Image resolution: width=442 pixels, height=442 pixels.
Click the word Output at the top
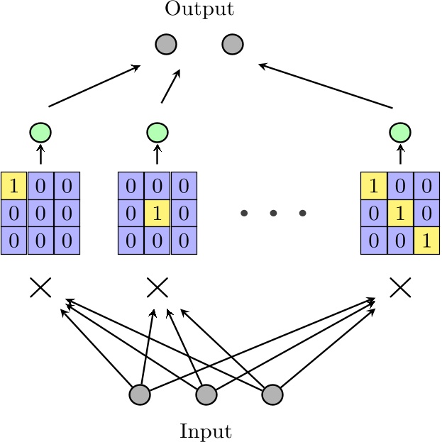pos(199,9)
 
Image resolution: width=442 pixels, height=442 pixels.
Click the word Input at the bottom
pos(206,431)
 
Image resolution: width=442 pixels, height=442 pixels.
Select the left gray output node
pos(165,44)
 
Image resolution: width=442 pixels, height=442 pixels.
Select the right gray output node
pos(233,44)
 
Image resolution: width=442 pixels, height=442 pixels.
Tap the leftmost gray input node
pos(140,394)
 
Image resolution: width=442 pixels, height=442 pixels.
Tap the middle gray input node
pos(206,394)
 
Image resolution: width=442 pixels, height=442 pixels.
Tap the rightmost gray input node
pos(272,394)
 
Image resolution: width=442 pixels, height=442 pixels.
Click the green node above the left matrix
pos(40,132)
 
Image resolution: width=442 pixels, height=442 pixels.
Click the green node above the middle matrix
pos(157,132)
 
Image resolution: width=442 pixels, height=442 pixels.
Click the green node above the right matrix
pos(401,132)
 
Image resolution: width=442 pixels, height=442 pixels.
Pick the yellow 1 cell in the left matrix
pos(13,186)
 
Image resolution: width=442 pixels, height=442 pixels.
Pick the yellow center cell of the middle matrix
pos(157,213)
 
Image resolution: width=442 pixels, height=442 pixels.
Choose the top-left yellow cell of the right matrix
pos(374,186)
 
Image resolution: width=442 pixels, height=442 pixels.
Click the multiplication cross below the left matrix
pos(40,287)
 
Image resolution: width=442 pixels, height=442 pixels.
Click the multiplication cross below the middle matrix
pos(157,287)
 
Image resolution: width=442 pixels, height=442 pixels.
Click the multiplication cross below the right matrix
pos(401,287)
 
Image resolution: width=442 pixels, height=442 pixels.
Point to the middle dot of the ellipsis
pos(273,213)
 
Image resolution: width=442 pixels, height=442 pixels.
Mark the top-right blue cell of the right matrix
pos(427,186)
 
